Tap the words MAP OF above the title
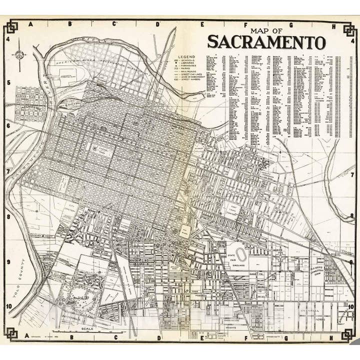pos(266,29)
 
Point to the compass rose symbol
pos(19,54)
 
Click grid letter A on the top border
pos(30,23)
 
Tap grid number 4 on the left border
pos(8,40)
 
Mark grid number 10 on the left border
pos(8,307)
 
